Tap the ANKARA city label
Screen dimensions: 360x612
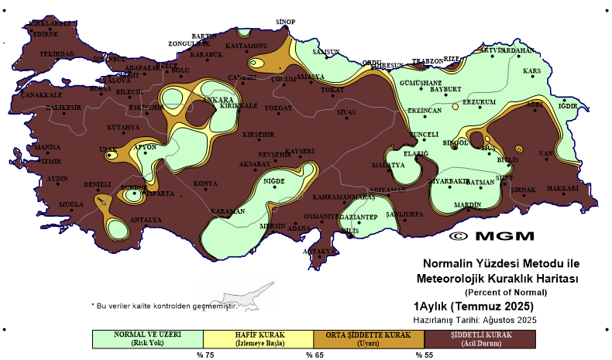218,100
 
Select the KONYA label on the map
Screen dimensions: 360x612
205,183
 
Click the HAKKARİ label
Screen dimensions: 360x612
563,188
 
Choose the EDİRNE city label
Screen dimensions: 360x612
44,34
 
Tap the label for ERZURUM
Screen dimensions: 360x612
478,102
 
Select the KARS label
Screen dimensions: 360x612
531,71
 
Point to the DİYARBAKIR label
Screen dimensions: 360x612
449,181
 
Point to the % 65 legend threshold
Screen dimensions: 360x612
314,355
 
